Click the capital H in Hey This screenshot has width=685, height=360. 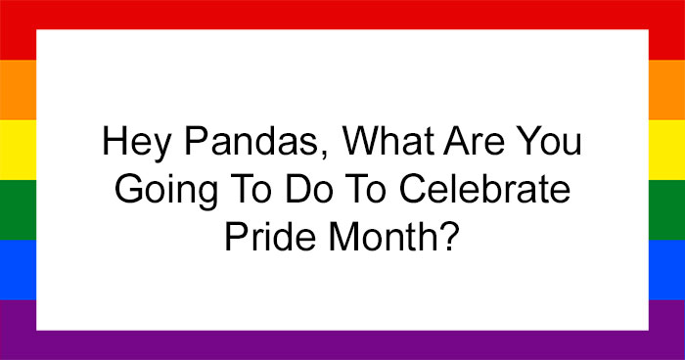tap(114, 145)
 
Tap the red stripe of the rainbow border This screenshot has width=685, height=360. tap(342, 14)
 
